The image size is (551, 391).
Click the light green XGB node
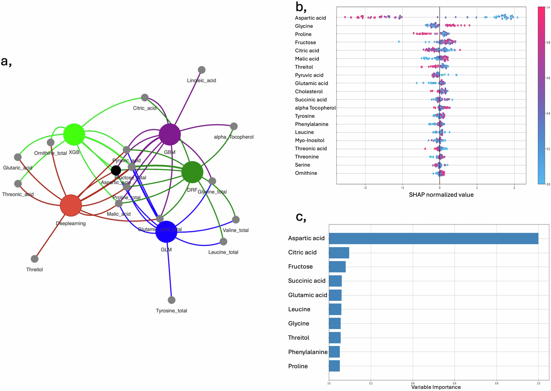74,134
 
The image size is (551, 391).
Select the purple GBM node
170,134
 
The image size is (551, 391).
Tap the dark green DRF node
192,172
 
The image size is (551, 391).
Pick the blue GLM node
166,232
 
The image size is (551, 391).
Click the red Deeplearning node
71,205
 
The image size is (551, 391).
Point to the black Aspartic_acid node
116,170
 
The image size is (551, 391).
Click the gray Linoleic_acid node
202,70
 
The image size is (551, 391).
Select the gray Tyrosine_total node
172,300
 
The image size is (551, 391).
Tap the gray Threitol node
34,259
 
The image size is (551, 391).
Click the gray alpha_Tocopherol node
234,126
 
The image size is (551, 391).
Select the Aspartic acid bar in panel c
433,239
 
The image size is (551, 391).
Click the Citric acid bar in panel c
339,253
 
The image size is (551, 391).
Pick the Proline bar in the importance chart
334,366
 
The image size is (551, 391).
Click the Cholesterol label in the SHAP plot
309,92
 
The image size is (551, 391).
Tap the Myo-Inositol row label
310,141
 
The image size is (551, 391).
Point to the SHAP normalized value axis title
441,195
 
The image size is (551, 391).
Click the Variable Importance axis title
436,387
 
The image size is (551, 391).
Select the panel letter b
301,7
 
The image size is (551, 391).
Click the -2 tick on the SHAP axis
365,188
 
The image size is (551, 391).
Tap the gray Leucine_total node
223,242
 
